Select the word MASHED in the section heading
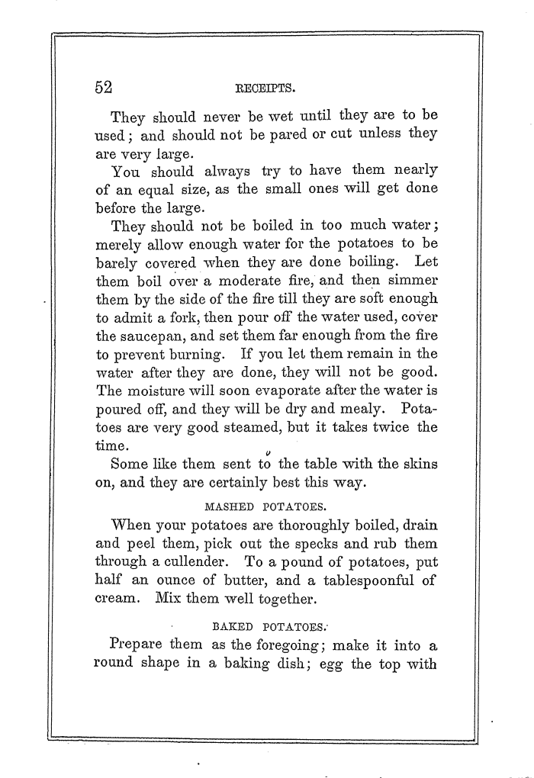(x=229, y=505)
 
